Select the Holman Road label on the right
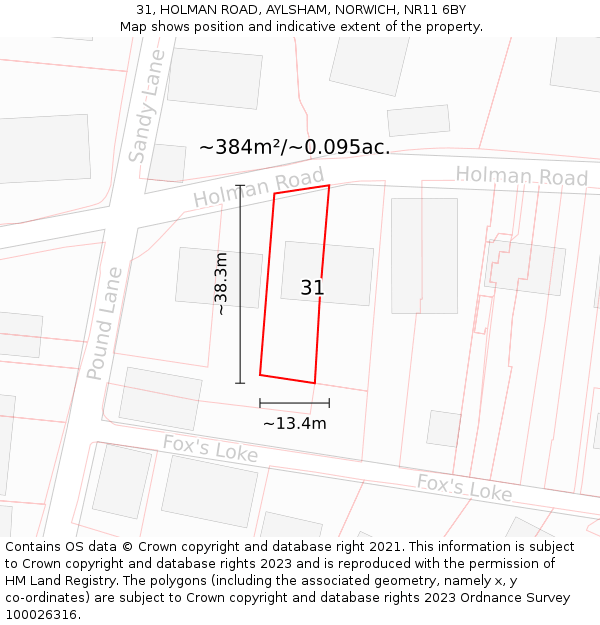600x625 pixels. pyautogui.click(x=521, y=177)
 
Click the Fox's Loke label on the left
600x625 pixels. pyautogui.click(x=210, y=449)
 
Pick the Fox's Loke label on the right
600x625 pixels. pyautogui.click(x=464, y=488)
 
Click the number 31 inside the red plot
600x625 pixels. pyautogui.click(x=312, y=288)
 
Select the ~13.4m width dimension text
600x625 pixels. pyautogui.click(x=294, y=423)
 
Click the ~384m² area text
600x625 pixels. pyautogui.click(x=294, y=147)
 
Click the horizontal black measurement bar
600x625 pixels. pyautogui.click(x=294, y=403)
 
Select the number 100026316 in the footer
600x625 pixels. pyautogui.click(x=43, y=615)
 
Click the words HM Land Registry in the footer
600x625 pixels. pyautogui.click(x=56, y=581)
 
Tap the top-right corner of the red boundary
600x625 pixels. pyautogui.click(x=329, y=185)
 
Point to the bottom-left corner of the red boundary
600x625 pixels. pyautogui.click(x=260, y=375)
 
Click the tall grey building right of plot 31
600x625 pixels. pyautogui.click(x=424, y=255)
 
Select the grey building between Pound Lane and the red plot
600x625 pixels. pyautogui.click(x=219, y=277)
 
